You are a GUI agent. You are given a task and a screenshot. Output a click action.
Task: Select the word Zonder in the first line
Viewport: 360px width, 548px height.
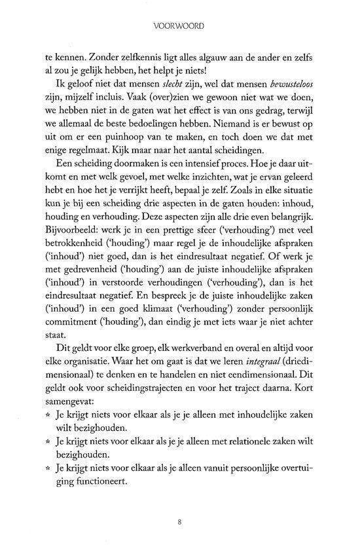[108, 58]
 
